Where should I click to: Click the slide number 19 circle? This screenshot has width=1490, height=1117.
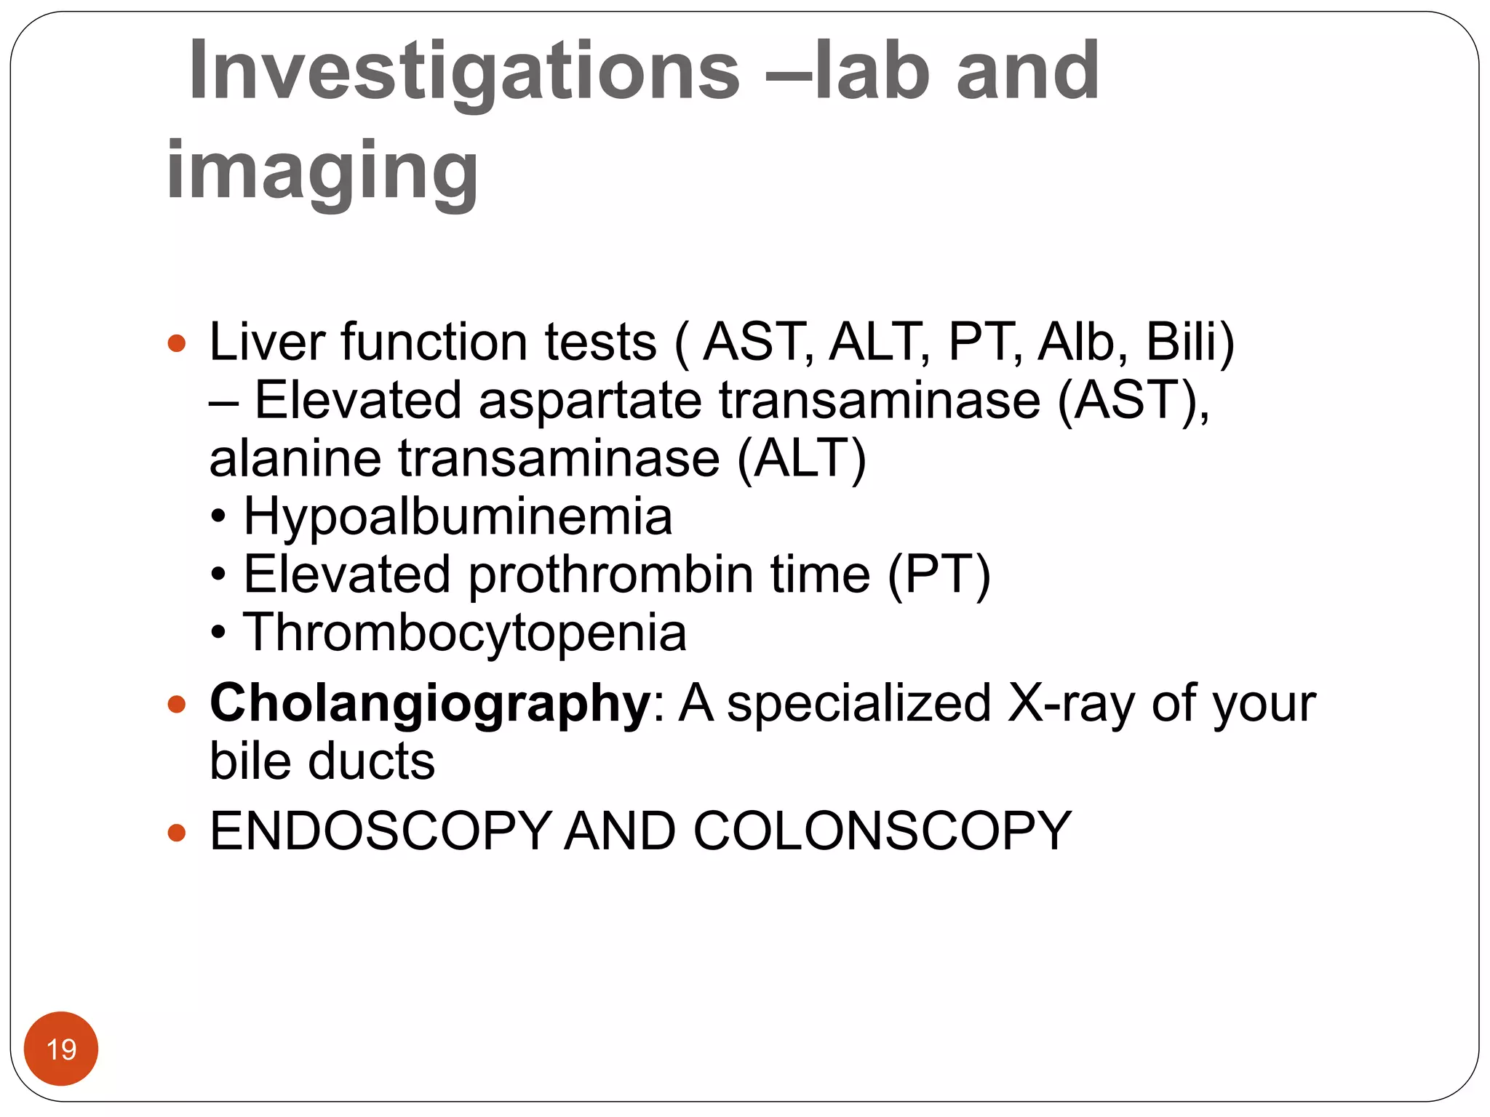[x=61, y=1049]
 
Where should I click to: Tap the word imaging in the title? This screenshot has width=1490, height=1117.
[x=322, y=172]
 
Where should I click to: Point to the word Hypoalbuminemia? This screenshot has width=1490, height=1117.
[x=458, y=516]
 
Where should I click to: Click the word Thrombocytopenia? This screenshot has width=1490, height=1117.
[x=464, y=633]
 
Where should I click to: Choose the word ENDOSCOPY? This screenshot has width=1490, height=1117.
[x=381, y=830]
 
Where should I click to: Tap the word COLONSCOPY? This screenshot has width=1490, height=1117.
[x=882, y=830]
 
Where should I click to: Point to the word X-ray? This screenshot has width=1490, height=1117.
[x=1070, y=704]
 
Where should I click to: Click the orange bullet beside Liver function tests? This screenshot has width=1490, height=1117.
[x=177, y=343]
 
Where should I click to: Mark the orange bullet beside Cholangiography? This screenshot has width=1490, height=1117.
[x=177, y=704]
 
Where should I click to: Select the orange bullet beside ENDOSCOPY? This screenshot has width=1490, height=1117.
[x=177, y=832]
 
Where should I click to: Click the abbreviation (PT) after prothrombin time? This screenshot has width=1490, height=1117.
[x=939, y=574]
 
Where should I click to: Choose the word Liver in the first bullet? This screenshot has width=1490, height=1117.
[x=266, y=342]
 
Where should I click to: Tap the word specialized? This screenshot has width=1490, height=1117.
[x=858, y=704]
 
